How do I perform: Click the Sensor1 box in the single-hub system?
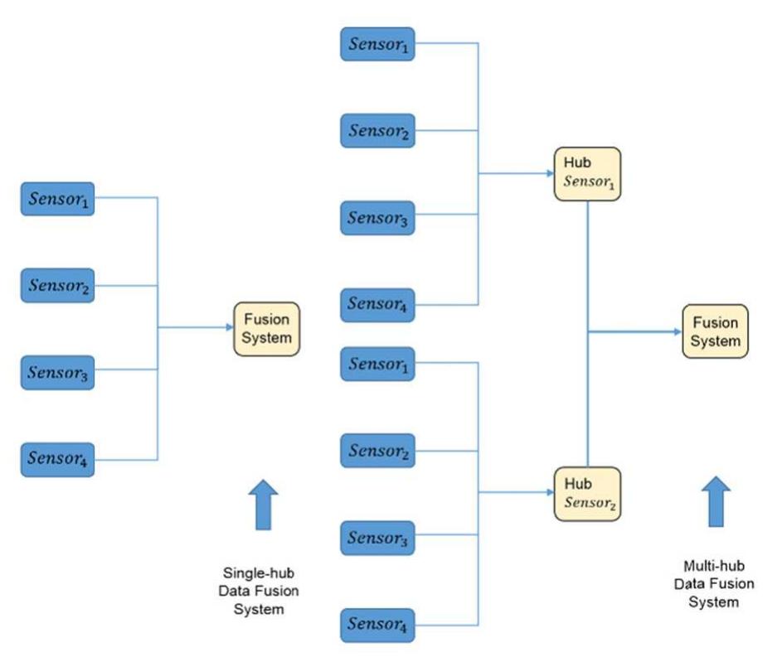57,199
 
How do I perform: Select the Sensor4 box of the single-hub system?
57,459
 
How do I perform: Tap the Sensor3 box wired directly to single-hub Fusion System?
57,373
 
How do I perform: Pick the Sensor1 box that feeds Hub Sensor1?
377,44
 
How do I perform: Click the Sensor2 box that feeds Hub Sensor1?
377,131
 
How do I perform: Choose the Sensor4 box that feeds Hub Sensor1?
377,305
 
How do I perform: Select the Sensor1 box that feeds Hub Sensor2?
377,364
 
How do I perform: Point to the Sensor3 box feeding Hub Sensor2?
377,538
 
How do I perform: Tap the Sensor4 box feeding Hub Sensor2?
377,624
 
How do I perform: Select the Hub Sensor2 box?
587,493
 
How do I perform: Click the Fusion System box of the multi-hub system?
715,331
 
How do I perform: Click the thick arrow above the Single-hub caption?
264,505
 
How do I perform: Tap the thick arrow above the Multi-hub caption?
715,501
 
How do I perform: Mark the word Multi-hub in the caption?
712,566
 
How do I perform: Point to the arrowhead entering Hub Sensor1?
548,174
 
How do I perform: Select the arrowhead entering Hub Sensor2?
548,493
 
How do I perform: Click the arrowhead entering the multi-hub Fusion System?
677,331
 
